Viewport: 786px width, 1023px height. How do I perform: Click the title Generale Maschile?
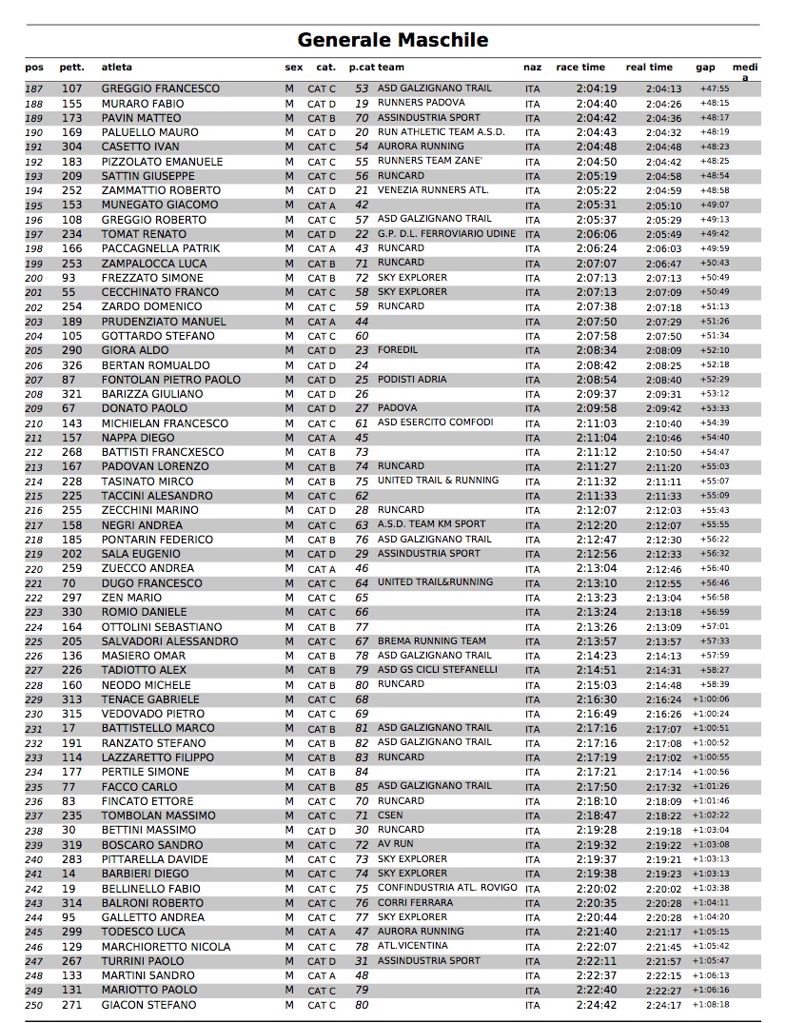coord(392,40)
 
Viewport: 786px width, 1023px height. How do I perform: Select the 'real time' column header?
coord(649,68)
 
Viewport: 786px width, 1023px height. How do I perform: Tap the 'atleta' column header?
coord(117,68)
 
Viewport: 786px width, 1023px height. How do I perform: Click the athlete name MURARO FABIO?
coord(143,104)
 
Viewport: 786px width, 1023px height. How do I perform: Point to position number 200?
coord(34,278)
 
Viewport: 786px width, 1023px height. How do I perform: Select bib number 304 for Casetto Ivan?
coord(71,148)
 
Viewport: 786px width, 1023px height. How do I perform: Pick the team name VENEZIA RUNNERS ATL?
coord(433,190)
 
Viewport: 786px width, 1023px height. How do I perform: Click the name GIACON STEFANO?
coord(150,1005)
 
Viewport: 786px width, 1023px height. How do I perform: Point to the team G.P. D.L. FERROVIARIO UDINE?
coord(446,234)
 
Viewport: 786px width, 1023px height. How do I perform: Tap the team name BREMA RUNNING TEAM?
coord(431,641)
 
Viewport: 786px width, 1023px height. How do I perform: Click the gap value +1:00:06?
coord(711,699)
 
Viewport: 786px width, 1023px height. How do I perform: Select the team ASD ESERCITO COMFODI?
coord(435,423)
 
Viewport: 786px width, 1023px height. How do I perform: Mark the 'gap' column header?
coord(705,68)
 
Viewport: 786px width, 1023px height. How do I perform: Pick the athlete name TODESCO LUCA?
coord(144,932)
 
